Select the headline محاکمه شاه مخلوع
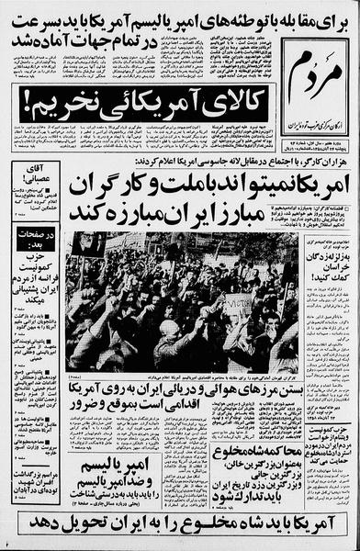[260, 450]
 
